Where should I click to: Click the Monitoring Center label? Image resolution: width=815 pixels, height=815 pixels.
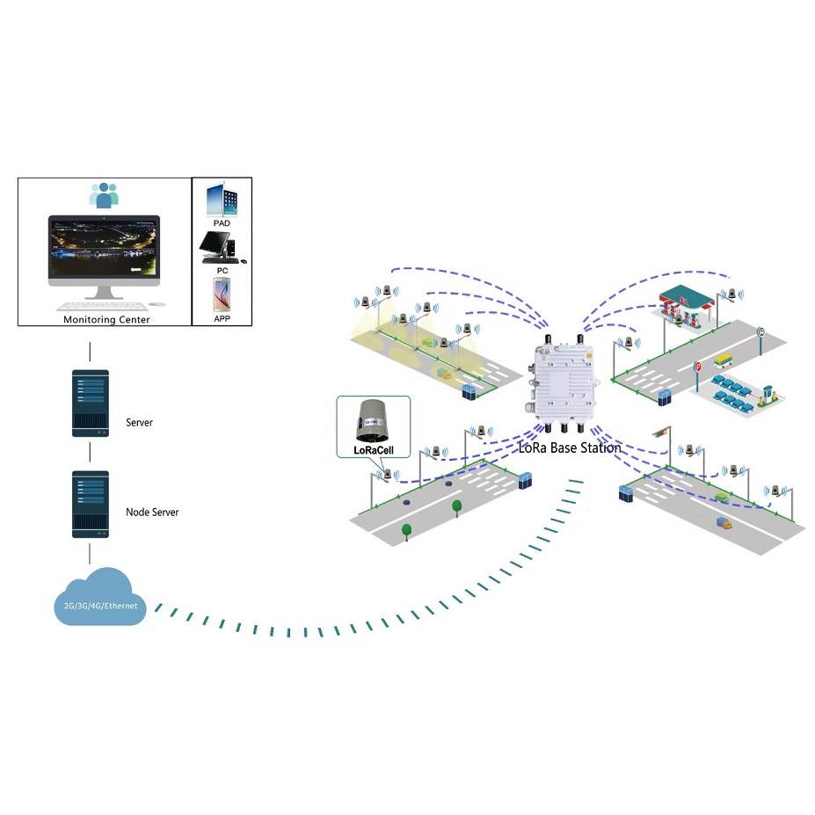click(106, 319)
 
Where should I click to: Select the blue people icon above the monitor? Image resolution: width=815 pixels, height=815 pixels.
click(105, 194)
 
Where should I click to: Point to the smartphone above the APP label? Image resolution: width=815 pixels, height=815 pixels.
click(222, 294)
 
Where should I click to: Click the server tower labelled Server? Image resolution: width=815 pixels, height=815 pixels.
click(90, 404)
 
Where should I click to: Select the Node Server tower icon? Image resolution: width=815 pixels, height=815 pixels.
click(90, 505)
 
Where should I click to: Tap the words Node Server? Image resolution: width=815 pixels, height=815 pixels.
click(152, 512)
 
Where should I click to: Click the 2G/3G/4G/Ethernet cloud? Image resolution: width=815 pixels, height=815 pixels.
click(98, 600)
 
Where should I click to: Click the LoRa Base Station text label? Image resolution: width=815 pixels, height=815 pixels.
click(571, 448)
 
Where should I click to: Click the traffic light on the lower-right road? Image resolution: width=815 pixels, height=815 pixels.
click(662, 433)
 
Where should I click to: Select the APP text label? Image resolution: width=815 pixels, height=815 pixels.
click(222, 318)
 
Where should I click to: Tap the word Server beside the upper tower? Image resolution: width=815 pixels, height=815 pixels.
click(139, 423)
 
